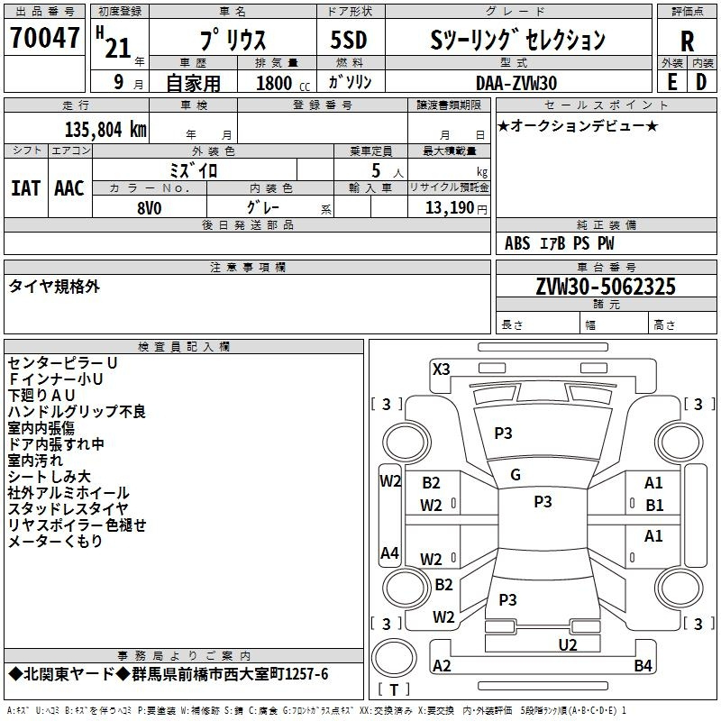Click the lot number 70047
pyautogui.click(x=43, y=39)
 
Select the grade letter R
pyautogui.click(x=687, y=41)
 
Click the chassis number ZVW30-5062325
pyautogui.click(x=605, y=287)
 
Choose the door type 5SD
pyautogui.click(x=349, y=40)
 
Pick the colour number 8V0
pyautogui.click(x=149, y=206)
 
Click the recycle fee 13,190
pyautogui.click(x=450, y=207)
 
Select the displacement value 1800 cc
pyautogui.click(x=275, y=83)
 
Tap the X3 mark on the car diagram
pyautogui.click(x=442, y=369)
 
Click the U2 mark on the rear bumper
pyautogui.click(x=567, y=643)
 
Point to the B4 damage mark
pyautogui.click(x=643, y=666)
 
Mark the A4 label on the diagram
pyautogui.click(x=389, y=553)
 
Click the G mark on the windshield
pyautogui.click(x=516, y=474)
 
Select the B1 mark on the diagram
pyautogui.click(x=653, y=505)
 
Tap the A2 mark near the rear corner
pyautogui.click(x=442, y=666)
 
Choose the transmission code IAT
pyautogui.click(x=25, y=187)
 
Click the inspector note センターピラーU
pyautogui.click(x=63, y=362)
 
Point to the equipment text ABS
pyautogui.click(x=517, y=243)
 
